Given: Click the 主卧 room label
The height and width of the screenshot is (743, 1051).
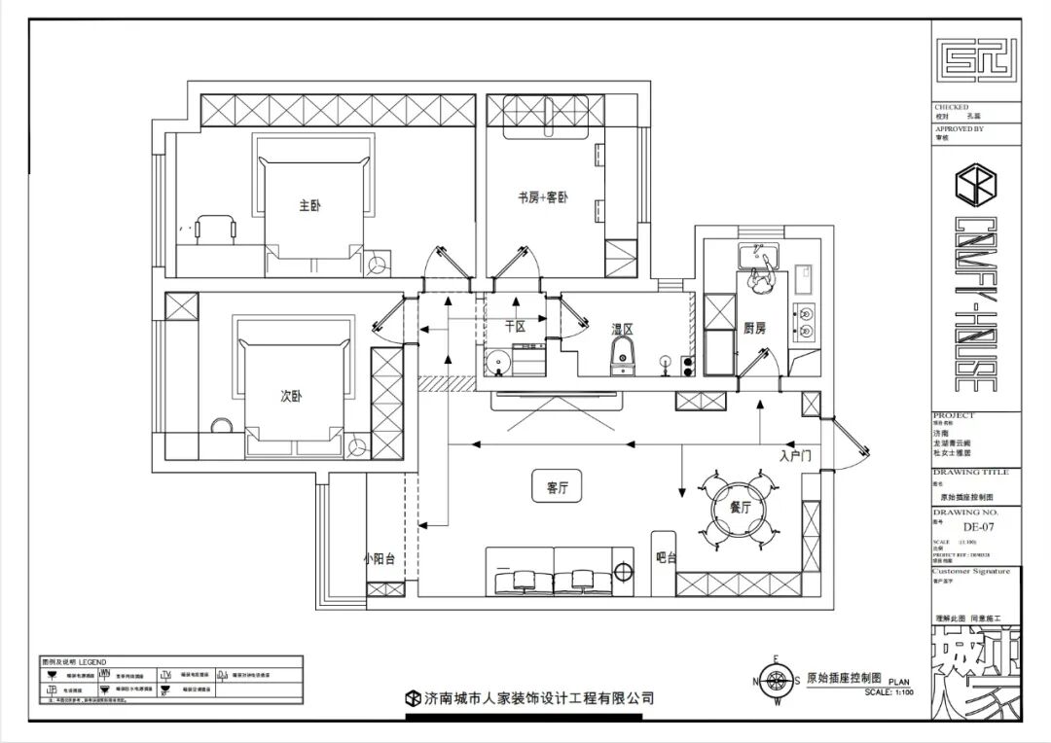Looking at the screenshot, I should [309, 205].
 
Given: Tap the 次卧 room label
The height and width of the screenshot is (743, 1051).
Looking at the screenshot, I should [291, 397].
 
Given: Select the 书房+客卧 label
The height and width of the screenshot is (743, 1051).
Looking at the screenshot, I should [542, 197].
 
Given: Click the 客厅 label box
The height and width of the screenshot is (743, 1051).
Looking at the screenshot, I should [551, 488].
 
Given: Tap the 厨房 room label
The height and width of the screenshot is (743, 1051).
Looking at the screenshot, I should [754, 329].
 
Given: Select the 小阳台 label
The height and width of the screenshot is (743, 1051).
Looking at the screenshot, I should [381, 558].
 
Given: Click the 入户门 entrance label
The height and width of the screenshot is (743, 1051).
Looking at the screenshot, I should [795, 454].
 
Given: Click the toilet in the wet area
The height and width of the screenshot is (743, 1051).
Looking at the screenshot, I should [622, 357].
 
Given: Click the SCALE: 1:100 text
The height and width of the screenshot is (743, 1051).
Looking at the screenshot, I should [888, 691].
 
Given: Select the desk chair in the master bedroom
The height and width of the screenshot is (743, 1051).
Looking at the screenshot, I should [214, 228].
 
